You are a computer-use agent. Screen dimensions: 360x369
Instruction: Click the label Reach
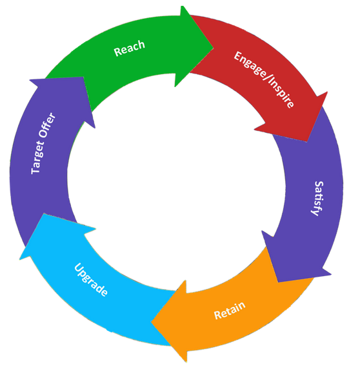(x=129, y=48)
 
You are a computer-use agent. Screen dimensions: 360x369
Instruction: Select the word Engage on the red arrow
(x=250, y=65)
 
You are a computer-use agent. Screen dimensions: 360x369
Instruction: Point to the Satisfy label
(x=317, y=199)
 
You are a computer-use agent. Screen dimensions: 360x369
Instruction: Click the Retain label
(x=230, y=310)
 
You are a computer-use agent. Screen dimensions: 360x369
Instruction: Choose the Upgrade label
(x=91, y=279)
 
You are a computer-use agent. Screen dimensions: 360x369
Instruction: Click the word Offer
(x=48, y=125)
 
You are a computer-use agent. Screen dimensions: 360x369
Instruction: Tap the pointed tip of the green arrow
(x=214, y=49)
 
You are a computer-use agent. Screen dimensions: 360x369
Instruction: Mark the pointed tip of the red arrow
(x=307, y=141)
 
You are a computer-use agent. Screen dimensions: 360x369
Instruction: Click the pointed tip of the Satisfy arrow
(x=278, y=282)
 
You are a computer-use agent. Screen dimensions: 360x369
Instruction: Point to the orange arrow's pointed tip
(x=152, y=321)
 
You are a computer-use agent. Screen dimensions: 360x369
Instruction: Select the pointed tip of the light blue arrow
(x=44, y=214)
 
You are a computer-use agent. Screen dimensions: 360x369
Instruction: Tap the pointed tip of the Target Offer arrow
(x=83, y=77)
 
